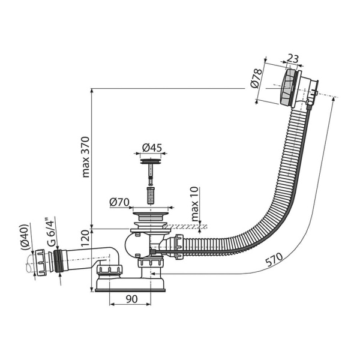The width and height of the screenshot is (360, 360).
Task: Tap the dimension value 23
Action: [x=293, y=59]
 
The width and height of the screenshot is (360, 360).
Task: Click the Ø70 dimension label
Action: [x=120, y=202]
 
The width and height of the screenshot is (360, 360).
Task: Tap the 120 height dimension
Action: [x=85, y=239]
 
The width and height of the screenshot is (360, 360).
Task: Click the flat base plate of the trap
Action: [x=130, y=289]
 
